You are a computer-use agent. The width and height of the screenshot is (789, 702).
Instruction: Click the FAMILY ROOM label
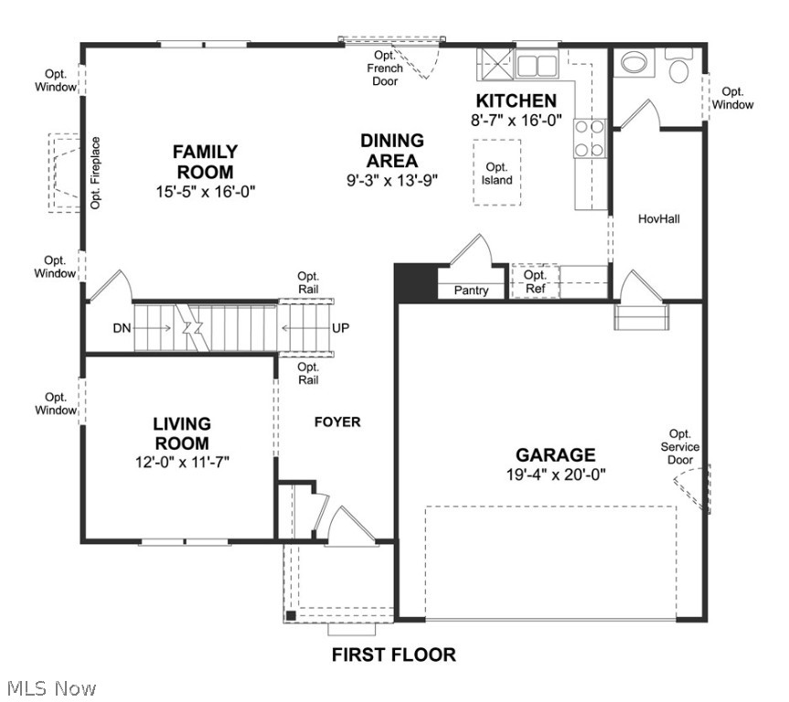[205, 162]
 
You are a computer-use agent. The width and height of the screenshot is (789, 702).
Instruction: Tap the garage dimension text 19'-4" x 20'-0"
[555, 474]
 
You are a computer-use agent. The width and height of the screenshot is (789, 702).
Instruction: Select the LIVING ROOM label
[181, 433]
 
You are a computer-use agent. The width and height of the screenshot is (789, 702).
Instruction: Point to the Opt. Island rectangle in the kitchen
[496, 174]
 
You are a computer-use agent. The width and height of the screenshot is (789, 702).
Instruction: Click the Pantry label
[472, 291]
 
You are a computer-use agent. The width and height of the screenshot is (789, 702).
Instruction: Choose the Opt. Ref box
[535, 281]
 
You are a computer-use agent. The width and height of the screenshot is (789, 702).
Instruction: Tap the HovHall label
[658, 219]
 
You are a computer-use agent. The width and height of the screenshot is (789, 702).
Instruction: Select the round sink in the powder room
[632, 62]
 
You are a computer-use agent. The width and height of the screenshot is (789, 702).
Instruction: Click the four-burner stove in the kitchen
[589, 139]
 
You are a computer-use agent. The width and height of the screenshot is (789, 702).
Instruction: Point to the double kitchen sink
[537, 65]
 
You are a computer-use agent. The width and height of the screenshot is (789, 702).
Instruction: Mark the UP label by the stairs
[340, 328]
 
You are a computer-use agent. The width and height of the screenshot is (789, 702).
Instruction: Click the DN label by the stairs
[123, 328]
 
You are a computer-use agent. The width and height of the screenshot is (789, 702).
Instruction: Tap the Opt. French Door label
[385, 69]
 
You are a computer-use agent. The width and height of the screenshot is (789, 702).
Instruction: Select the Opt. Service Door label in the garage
[679, 447]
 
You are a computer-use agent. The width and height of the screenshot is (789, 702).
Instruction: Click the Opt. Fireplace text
[95, 174]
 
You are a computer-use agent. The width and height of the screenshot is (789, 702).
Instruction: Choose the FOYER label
[337, 421]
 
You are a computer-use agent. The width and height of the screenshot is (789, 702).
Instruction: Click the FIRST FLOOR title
[393, 654]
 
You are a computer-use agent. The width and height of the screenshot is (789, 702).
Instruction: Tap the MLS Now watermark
[50, 687]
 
